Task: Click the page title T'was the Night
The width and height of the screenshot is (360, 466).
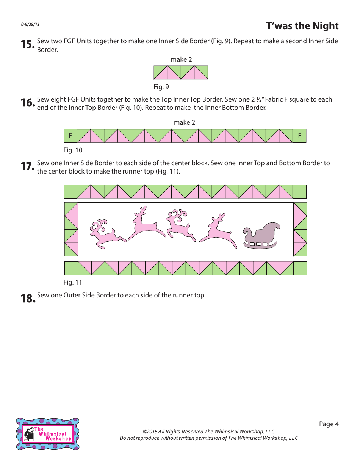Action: pyautogui.click(x=302, y=26)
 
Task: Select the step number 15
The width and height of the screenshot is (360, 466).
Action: pyautogui.click(x=28, y=45)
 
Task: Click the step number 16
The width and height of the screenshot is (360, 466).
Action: pyautogui.click(x=28, y=103)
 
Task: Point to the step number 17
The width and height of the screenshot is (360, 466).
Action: pyautogui.click(x=28, y=167)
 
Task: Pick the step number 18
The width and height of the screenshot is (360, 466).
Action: pyautogui.click(x=28, y=299)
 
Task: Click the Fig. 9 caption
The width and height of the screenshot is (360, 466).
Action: pyautogui.click(x=161, y=87)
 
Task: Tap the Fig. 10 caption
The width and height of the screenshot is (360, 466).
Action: pyautogui.click(x=73, y=150)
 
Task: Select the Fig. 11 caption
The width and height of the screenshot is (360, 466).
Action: pyautogui.click(x=73, y=282)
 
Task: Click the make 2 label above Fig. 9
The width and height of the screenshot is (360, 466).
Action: pyautogui.click(x=181, y=59)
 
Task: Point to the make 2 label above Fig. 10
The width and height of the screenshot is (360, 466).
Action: pyautogui.click(x=184, y=122)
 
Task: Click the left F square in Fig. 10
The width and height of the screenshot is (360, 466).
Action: pyautogui.click(x=70, y=136)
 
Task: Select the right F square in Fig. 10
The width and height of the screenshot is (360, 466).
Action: pyautogui.click(x=299, y=136)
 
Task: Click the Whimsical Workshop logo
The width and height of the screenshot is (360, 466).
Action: pyautogui.click(x=48, y=434)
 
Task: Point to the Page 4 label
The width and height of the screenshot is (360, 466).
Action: pyautogui.click(x=329, y=424)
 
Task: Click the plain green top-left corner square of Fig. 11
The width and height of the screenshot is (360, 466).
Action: pyautogui.click(x=70, y=192)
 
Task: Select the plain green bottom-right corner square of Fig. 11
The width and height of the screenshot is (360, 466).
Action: pyautogui.click(x=300, y=268)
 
